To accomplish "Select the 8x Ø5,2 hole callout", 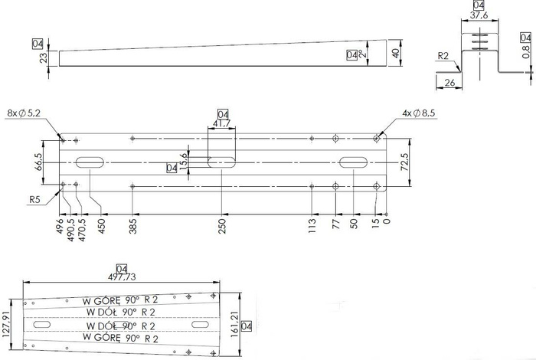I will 25,113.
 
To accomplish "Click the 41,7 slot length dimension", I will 223,123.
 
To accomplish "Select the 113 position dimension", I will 312,227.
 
